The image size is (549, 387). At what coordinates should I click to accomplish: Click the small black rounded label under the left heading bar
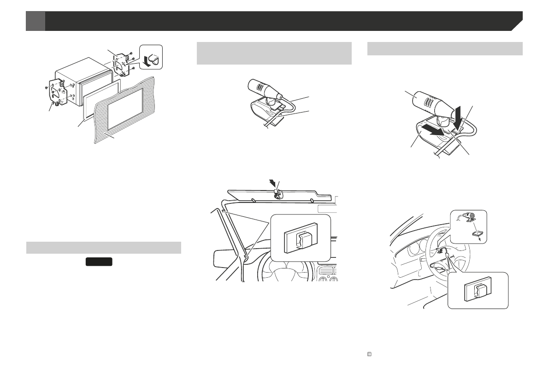[99, 262]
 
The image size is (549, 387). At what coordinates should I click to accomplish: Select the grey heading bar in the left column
[103, 248]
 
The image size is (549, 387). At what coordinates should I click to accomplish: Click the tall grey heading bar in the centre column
[274, 54]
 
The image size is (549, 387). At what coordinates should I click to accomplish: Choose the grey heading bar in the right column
[445, 48]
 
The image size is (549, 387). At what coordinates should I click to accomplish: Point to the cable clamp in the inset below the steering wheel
[477, 291]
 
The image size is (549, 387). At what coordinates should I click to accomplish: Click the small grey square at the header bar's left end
[35, 21]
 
